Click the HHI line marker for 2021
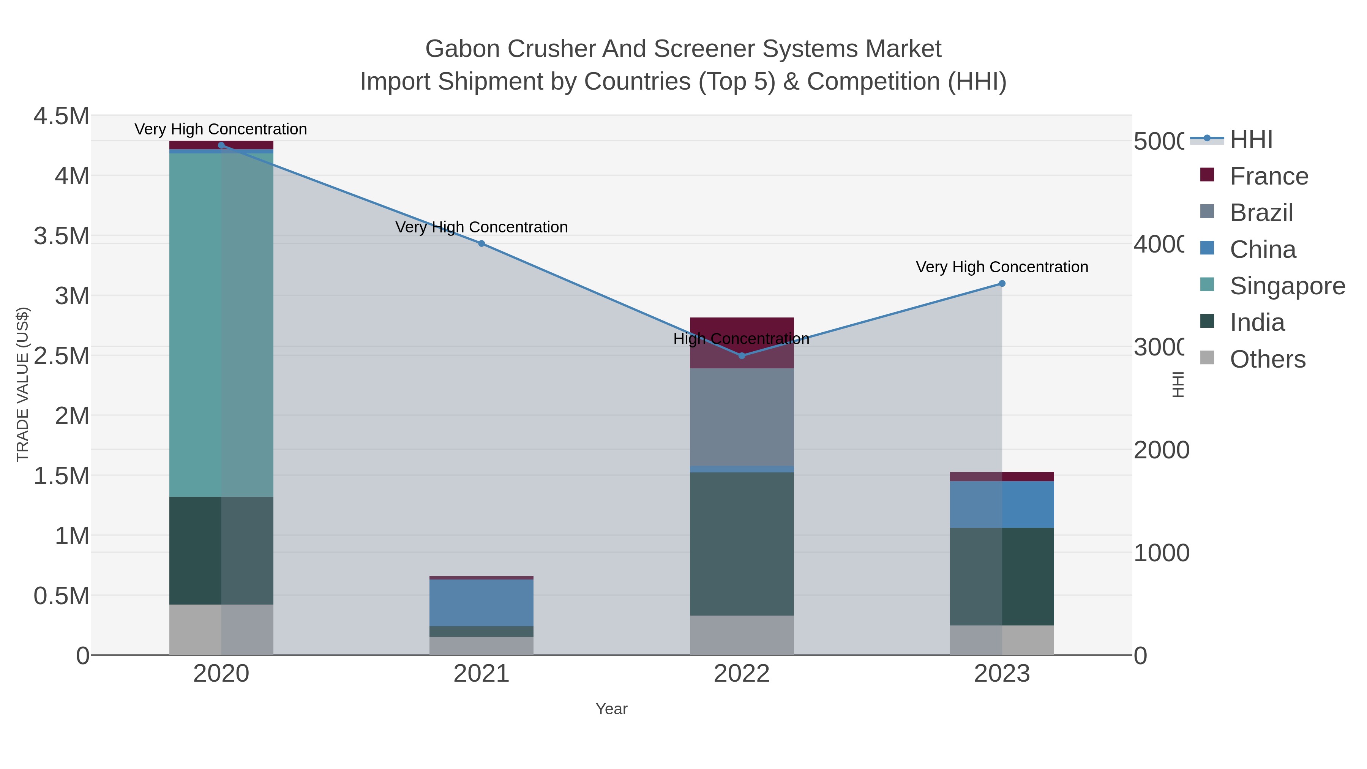click(481, 243)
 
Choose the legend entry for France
click(1269, 176)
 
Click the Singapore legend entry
click(1287, 286)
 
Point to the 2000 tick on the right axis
click(1161, 450)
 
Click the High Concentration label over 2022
click(741, 339)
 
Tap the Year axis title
click(611, 709)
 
